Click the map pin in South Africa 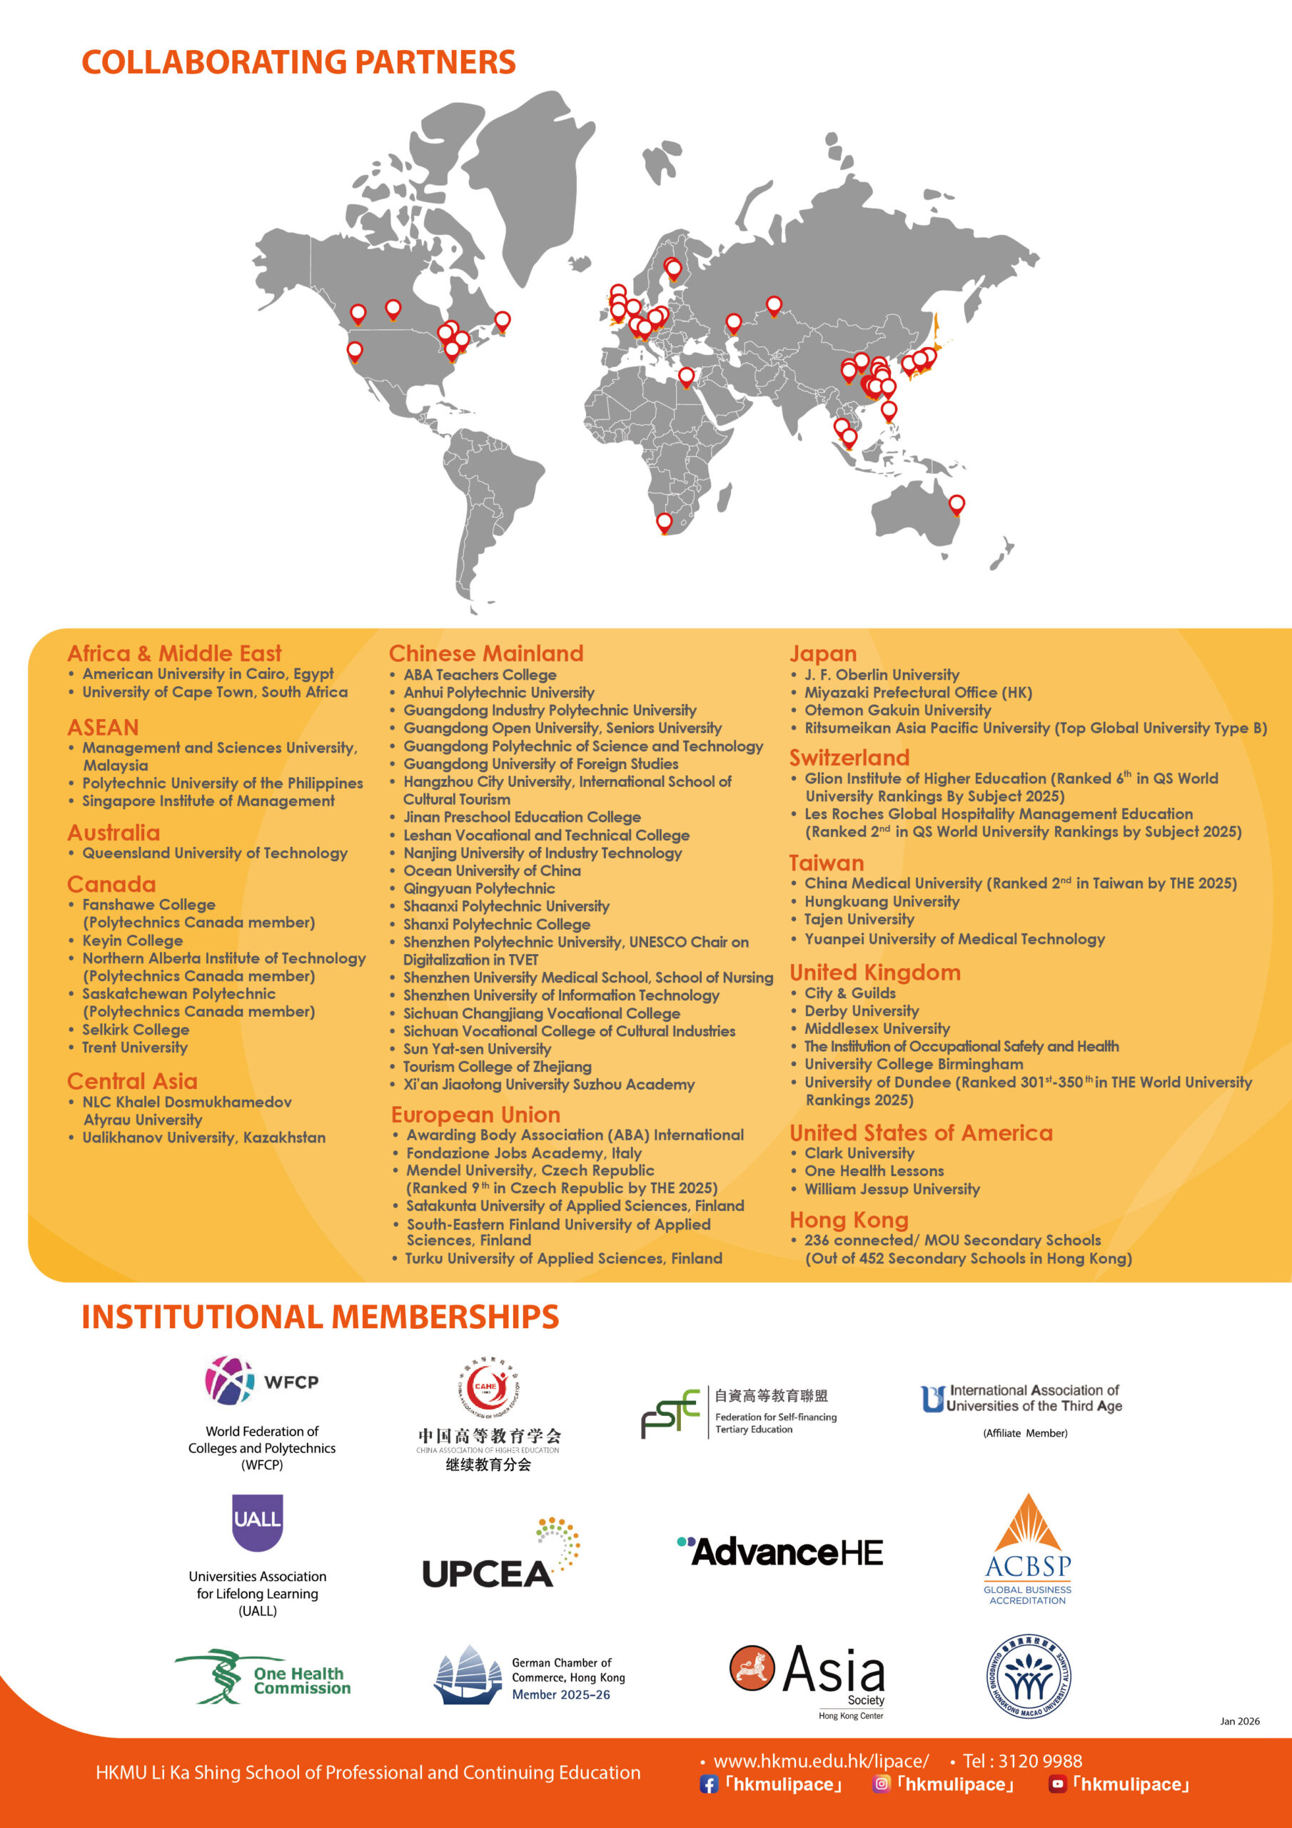pos(664,522)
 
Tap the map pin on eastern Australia pos(957,504)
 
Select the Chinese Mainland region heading pos(485,653)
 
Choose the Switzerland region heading pos(849,757)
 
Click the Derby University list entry pos(862,1010)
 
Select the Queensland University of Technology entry pos(215,853)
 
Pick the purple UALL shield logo pos(257,1522)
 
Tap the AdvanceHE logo pos(780,1552)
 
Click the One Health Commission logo pos(263,1677)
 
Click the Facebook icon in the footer pos(709,1785)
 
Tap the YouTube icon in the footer pos(1057,1784)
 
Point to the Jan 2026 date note pos(1239,1722)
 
